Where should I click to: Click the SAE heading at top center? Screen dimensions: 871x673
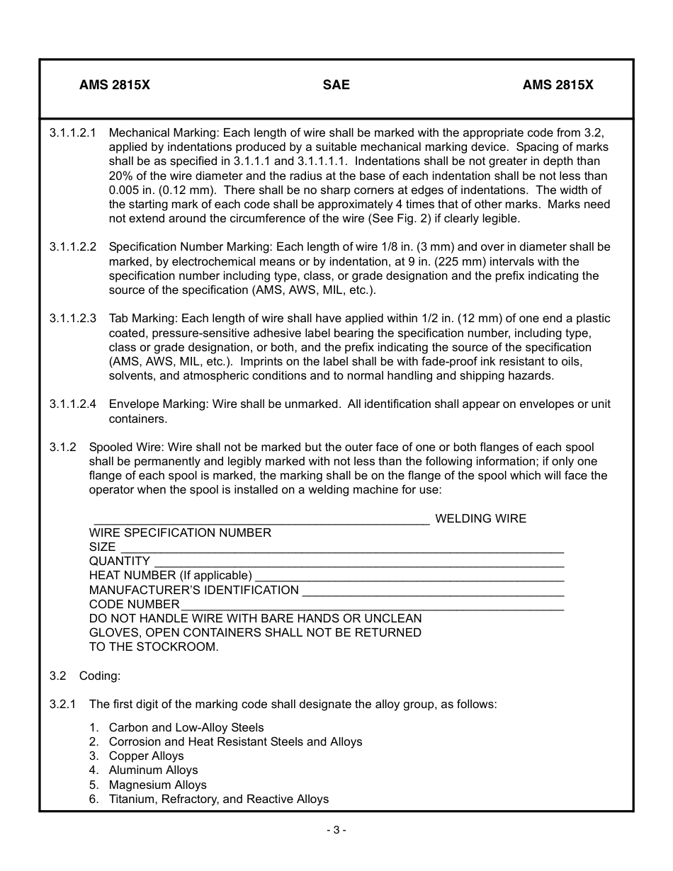tap(336, 85)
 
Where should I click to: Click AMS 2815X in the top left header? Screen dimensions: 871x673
tap(115, 85)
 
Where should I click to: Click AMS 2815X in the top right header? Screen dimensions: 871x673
tap(558, 85)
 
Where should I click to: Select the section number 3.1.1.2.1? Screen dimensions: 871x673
tap(73, 132)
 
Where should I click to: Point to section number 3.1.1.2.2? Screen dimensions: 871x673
tap(73, 247)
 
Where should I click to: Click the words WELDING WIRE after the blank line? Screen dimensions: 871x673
tap(480, 518)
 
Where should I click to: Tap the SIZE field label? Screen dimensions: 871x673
tap(102, 547)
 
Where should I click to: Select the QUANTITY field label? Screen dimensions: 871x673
tap(119, 562)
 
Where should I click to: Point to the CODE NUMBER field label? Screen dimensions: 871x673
tap(134, 605)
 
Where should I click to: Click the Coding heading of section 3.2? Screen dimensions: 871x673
tap(100, 676)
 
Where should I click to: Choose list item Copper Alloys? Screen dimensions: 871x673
tap(146, 756)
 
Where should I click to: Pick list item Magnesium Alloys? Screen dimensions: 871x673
tap(157, 785)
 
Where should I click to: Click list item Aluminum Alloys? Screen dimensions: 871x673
tap(153, 770)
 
